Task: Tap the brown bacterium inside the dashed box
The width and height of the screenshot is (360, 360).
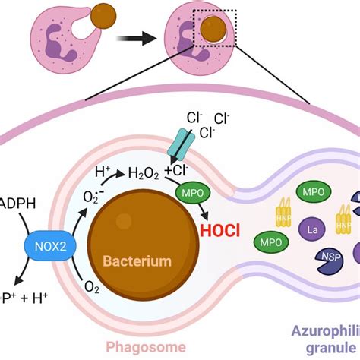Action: [x=215, y=29]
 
